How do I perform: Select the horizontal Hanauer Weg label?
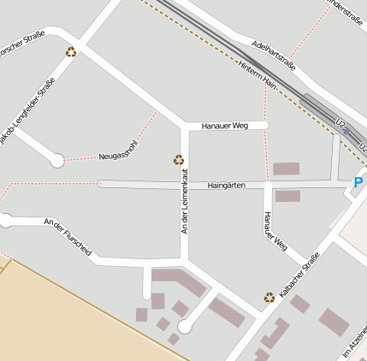[224, 126]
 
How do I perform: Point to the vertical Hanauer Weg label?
[273, 231]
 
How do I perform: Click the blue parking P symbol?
[358, 182]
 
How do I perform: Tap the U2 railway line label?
[343, 125]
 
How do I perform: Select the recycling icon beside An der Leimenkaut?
[179, 158]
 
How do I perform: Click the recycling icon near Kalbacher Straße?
[269, 297]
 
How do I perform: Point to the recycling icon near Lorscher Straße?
[71, 51]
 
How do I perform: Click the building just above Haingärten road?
[286, 169]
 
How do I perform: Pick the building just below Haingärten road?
[287, 196]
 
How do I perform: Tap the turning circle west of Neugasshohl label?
[57, 159]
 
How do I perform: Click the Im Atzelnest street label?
[356, 342]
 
